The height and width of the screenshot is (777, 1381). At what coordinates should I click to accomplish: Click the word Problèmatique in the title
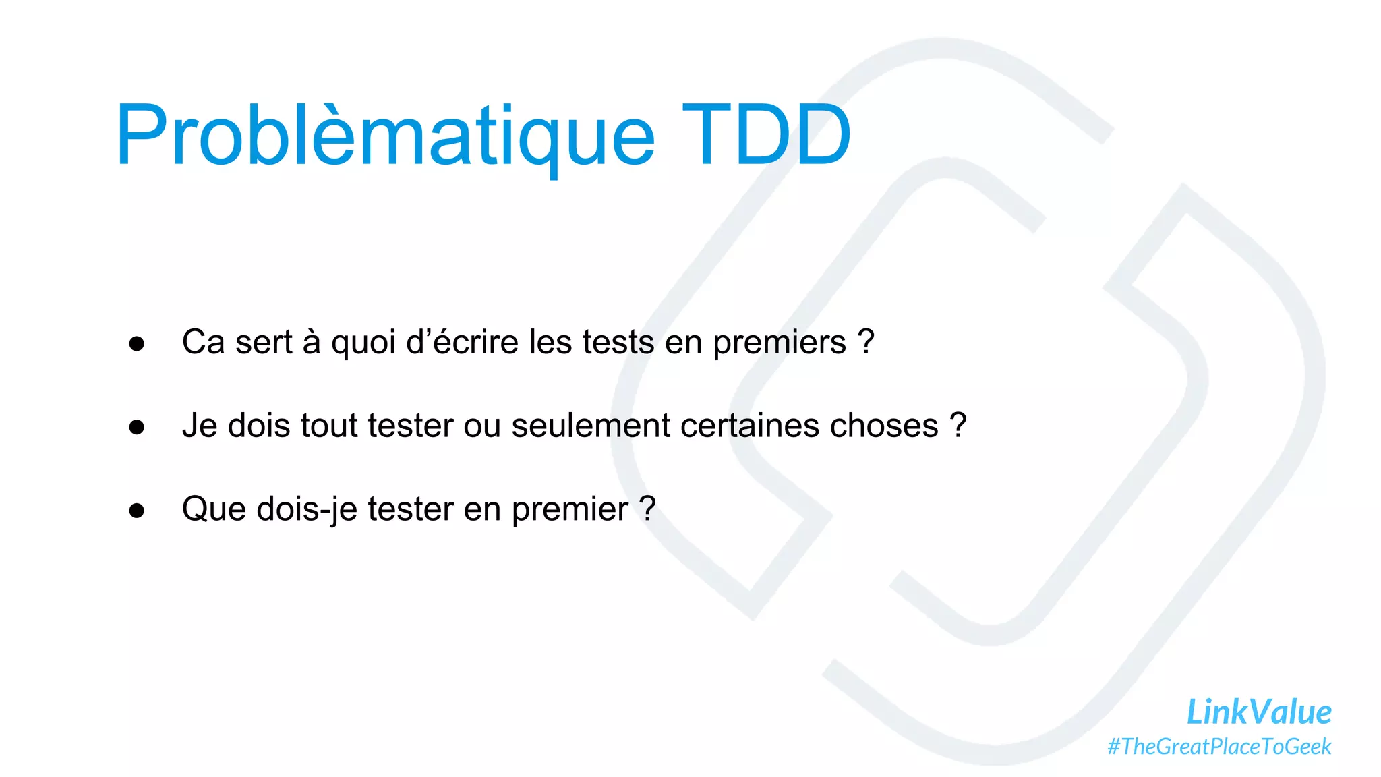pyautogui.click(x=384, y=135)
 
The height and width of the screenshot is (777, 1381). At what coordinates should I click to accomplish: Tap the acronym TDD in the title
pyautogui.click(x=766, y=135)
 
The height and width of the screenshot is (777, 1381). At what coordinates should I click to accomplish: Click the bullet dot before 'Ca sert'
pyautogui.click(x=137, y=343)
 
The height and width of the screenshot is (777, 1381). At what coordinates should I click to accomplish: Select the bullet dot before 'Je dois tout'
pyautogui.click(x=137, y=427)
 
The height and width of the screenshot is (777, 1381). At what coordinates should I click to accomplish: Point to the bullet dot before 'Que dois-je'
pyautogui.click(x=137, y=511)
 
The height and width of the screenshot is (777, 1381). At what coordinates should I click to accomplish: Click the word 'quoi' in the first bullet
pyautogui.click(x=363, y=343)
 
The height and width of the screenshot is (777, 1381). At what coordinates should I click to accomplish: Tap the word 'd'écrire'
pyautogui.click(x=462, y=341)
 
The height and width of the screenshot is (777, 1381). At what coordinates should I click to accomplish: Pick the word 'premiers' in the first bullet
pyautogui.click(x=779, y=343)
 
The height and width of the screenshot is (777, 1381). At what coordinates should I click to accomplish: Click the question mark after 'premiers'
pyautogui.click(x=866, y=341)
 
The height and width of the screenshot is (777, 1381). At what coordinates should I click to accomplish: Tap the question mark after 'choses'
pyautogui.click(x=958, y=426)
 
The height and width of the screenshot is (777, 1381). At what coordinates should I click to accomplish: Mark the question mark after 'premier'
pyautogui.click(x=647, y=509)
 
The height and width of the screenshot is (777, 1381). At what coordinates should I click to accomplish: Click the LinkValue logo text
pyautogui.click(x=1258, y=712)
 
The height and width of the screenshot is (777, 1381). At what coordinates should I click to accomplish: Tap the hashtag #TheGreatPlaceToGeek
pyautogui.click(x=1219, y=747)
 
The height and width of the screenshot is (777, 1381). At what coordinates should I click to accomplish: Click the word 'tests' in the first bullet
pyautogui.click(x=618, y=342)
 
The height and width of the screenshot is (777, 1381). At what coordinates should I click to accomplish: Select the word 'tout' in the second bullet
pyautogui.click(x=329, y=426)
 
